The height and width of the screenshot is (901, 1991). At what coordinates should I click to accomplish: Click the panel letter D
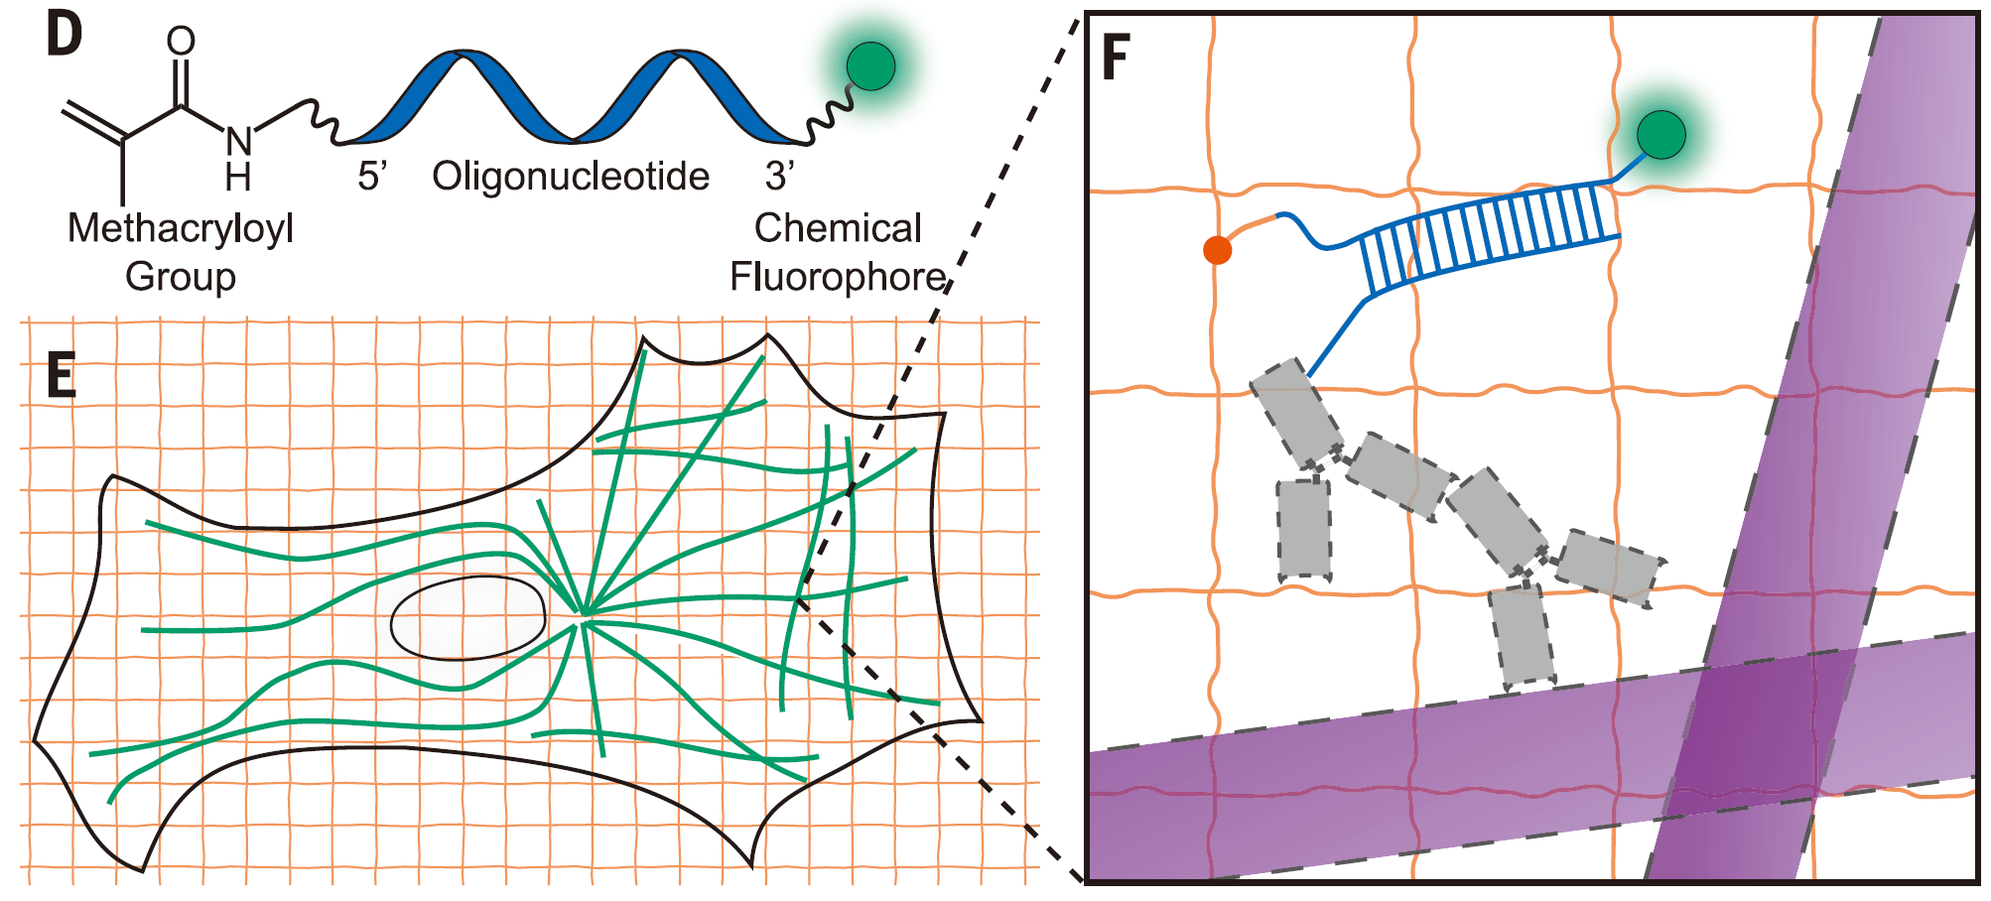pyautogui.click(x=64, y=36)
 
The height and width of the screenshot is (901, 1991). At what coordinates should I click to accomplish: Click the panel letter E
pyautogui.click(x=62, y=377)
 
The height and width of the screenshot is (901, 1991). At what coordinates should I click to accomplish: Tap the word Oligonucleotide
pyautogui.click(x=571, y=177)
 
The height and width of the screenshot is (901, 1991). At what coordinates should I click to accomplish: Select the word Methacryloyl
pyautogui.click(x=181, y=228)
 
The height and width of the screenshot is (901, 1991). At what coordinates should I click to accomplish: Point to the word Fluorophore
pyautogui.click(x=838, y=277)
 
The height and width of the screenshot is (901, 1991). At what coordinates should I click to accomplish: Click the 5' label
pyautogui.click(x=371, y=177)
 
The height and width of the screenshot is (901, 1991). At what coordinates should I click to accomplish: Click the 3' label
pyautogui.click(x=779, y=177)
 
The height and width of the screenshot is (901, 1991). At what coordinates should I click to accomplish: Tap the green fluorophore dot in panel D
pyautogui.click(x=870, y=66)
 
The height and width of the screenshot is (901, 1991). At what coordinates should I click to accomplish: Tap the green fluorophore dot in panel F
pyautogui.click(x=1660, y=135)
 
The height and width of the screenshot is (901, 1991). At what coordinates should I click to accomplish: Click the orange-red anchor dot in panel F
pyautogui.click(x=1217, y=250)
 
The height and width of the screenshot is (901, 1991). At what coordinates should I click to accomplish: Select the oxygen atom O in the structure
pyautogui.click(x=181, y=41)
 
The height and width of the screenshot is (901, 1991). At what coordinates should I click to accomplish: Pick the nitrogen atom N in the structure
pyautogui.click(x=238, y=141)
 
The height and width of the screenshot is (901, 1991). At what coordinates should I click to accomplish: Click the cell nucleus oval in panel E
pyautogui.click(x=467, y=618)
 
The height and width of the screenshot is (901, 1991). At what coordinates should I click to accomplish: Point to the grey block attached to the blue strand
pyautogui.click(x=1295, y=413)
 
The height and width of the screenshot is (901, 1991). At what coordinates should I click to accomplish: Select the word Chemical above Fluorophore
pyautogui.click(x=838, y=228)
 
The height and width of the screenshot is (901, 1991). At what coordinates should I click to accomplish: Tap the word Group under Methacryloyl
pyautogui.click(x=181, y=277)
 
